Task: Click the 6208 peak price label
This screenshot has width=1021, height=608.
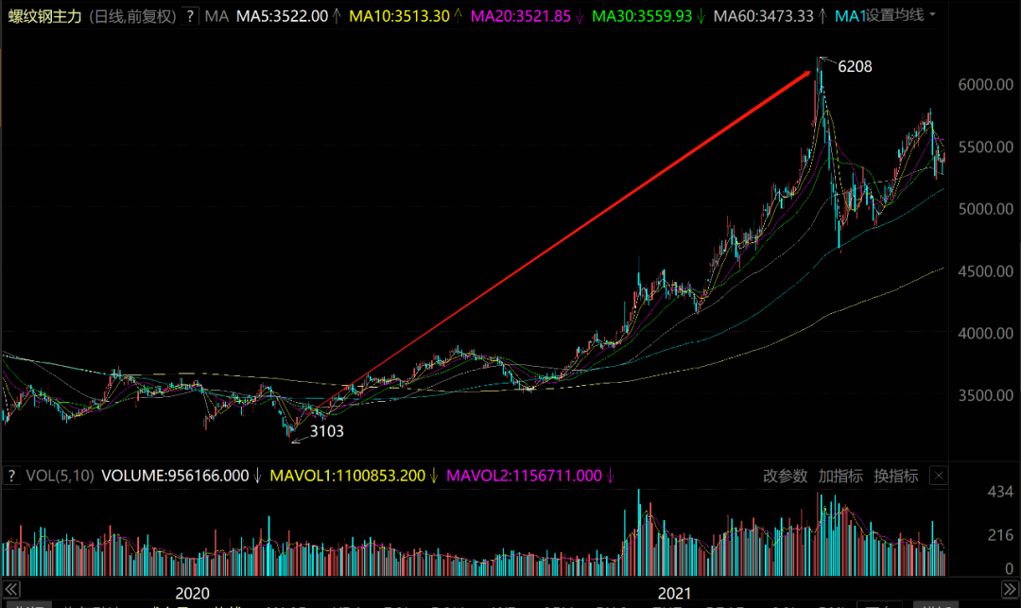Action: [x=855, y=66]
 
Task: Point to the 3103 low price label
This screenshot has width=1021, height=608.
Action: [x=327, y=431]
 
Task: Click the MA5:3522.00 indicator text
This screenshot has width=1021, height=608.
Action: [x=282, y=16]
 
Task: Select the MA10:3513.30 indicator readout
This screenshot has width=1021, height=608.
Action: [x=397, y=16]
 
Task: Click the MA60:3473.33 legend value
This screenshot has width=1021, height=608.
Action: [x=763, y=16]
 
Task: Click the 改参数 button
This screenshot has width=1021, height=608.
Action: [x=786, y=476]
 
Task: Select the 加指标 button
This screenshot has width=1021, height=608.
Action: [x=840, y=476]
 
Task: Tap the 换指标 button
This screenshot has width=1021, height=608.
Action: [x=895, y=476]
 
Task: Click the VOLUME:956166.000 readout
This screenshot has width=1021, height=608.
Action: [x=175, y=476]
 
